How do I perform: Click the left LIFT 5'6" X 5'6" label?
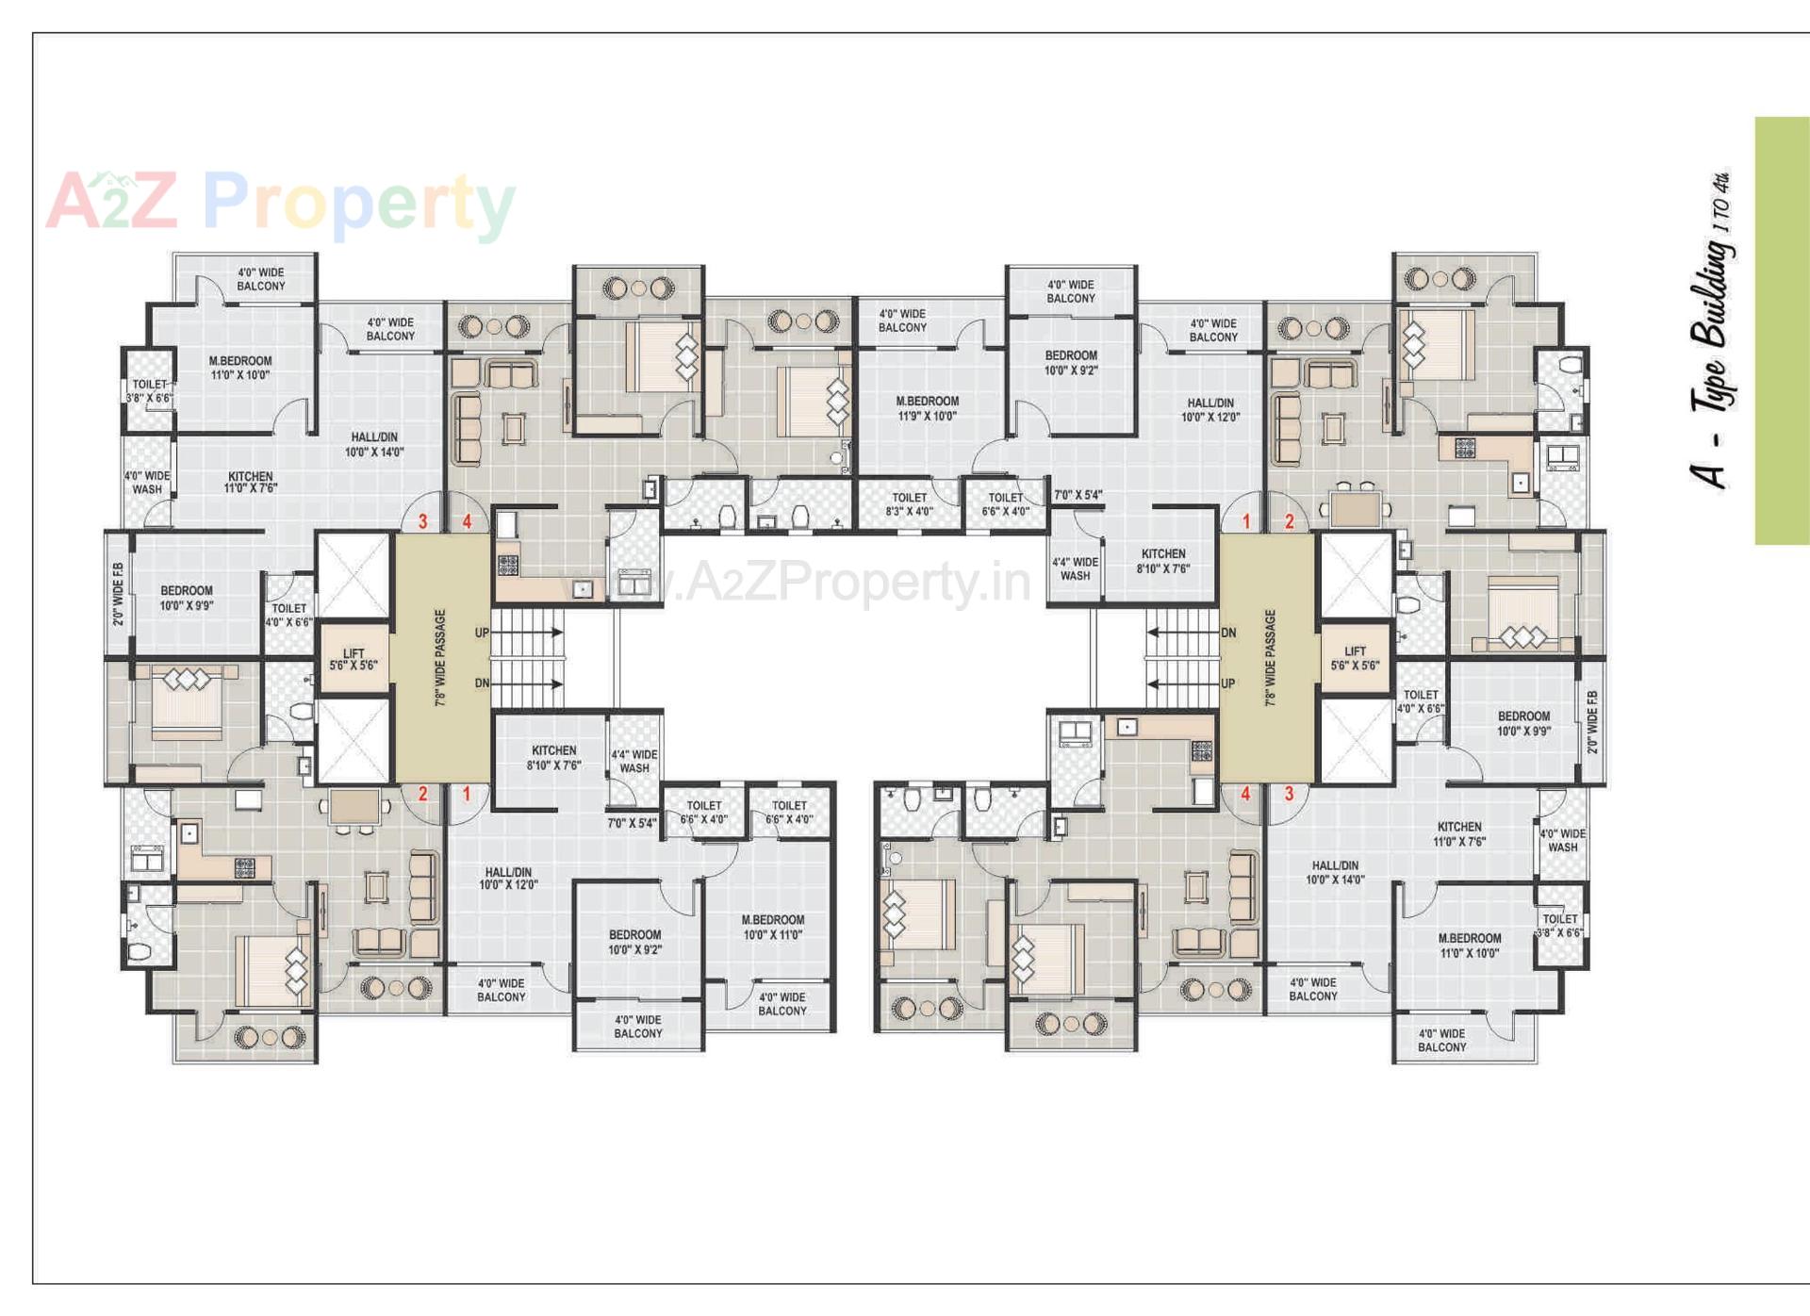[354, 659]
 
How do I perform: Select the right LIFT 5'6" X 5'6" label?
[1355, 658]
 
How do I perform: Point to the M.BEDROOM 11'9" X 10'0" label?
[927, 408]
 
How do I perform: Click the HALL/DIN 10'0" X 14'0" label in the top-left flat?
[374, 445]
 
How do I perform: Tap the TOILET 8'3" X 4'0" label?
[909, 504]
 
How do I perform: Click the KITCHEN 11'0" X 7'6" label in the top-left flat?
[250, 483]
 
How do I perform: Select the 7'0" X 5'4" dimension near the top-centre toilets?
[1078, 495]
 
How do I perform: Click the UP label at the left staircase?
[482, 633]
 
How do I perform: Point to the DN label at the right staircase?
[1227, 633]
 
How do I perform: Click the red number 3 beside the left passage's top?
[422, 521]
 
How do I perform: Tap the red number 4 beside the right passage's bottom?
[1245, 794]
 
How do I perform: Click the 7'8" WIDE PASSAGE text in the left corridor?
[440, 657]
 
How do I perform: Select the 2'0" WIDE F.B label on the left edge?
[118, 594]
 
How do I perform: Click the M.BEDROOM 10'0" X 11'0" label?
[772, 927]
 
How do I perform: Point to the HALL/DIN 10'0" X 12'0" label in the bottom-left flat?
[508, 879]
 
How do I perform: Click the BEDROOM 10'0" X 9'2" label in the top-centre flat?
[1071, 363]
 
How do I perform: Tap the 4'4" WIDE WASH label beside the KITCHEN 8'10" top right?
[1075, 568]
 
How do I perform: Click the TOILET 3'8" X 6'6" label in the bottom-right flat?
[1559, 925]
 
